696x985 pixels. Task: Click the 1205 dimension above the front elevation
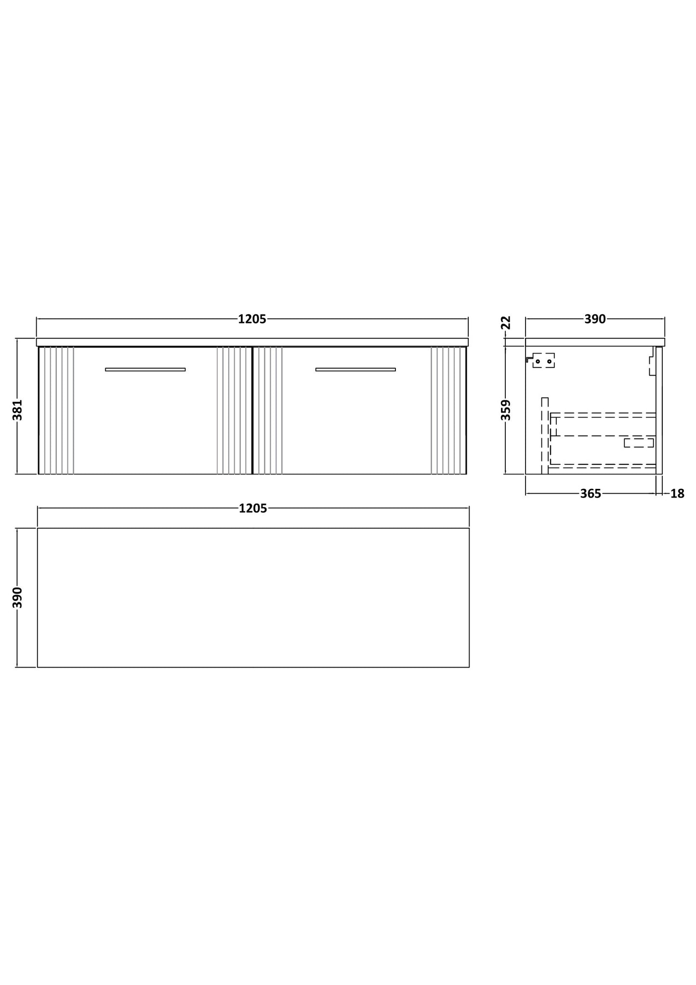pyautogui.click(x=252, y=319)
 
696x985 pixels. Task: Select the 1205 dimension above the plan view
pyautogui.click(x=253, y=509)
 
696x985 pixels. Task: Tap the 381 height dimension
pyautogui.click(x=17, y=410)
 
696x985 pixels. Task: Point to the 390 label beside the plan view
pyautogui.click(x=17, y=597)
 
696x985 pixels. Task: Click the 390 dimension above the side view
pyautogui.click(x=595, y=319)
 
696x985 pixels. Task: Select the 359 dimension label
pyautogui.click(x=506, y=410)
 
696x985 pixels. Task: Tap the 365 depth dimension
pyautogui.click(x=591, y=494)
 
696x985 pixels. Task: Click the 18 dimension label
pyautogui.click(x=677, y=494)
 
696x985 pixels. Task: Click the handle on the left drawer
pyautogui.click(x=145, y=369)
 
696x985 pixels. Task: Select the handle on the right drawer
pyautogui.click(x=355, y=369)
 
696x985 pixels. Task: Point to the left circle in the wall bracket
pyautogui.click(x=538, y=361)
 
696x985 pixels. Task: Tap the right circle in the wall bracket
pyautogui.click(x=549, y=361)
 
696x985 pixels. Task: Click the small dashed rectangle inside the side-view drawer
pyautogui.click(x=639, y=443)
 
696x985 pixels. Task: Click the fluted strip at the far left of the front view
pyautogui.click(x=56, y=410)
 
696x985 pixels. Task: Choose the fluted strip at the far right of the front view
pyautogui.click(x=449, y=410)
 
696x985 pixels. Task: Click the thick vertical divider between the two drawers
pyautogui.click(x=252, y=410)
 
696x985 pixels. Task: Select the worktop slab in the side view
pyautogui.click(x=595, y=342)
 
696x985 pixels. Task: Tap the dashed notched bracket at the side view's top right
pyautogui.click(x=652, y=361)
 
